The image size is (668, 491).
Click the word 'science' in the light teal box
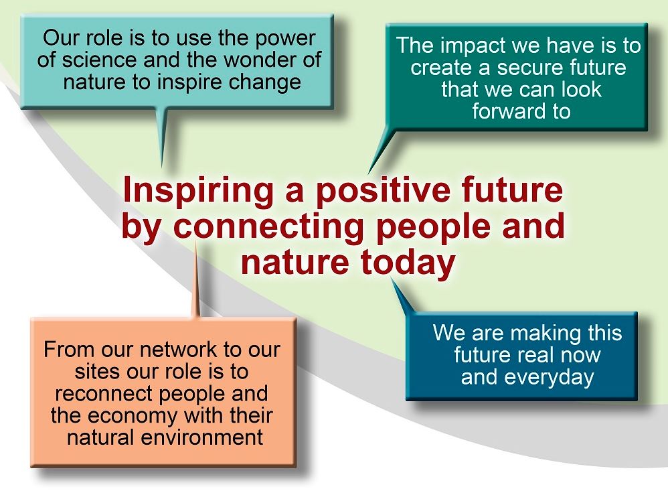coord(100,60)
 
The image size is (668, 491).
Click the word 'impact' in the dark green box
coord(472,46)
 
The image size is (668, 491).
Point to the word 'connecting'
coord(268,227)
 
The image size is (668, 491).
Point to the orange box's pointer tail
coord(196,279)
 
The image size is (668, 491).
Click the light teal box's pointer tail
coord(161,137)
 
